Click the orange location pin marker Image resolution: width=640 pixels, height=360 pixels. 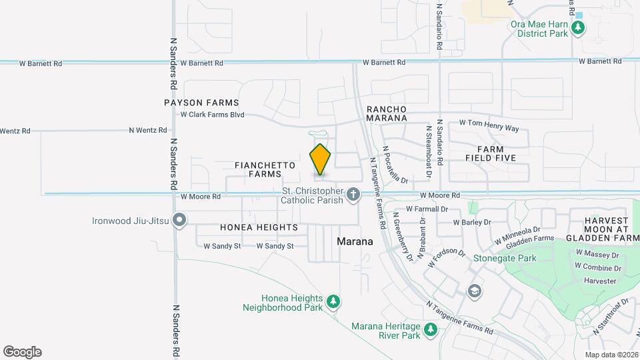click(x=321, y=159)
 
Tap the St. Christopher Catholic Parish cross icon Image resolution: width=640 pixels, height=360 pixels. click(x=353, y=195)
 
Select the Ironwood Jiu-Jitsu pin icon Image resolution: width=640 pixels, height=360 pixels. click(x=179, y=220)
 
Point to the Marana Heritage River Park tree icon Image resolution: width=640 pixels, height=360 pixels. click(x=431, y=329)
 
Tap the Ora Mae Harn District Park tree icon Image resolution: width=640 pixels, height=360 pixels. click(x=579, y=28)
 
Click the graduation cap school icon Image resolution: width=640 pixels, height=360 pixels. click(x=474, y=290)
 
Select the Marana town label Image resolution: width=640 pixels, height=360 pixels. click(x=355, y=241)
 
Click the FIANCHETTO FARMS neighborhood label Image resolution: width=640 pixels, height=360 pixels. click(x=257, y=169)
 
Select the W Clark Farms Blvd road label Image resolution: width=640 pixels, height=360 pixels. click(x=213, y=115)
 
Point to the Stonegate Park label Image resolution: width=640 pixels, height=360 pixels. click(x=505, y=257)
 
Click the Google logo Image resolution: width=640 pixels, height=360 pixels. click(x=22, y=352)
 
